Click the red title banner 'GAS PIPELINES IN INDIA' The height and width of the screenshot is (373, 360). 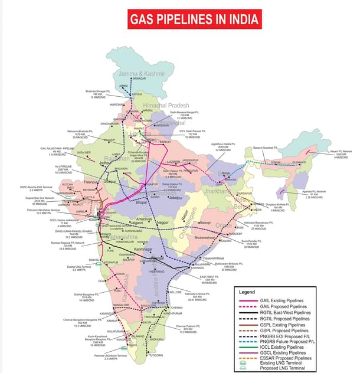click(194, 19)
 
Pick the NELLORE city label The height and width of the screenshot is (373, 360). click(176, 292)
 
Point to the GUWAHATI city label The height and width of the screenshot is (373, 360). click(299, 162)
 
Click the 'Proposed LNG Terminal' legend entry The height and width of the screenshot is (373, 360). click(282, 368)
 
